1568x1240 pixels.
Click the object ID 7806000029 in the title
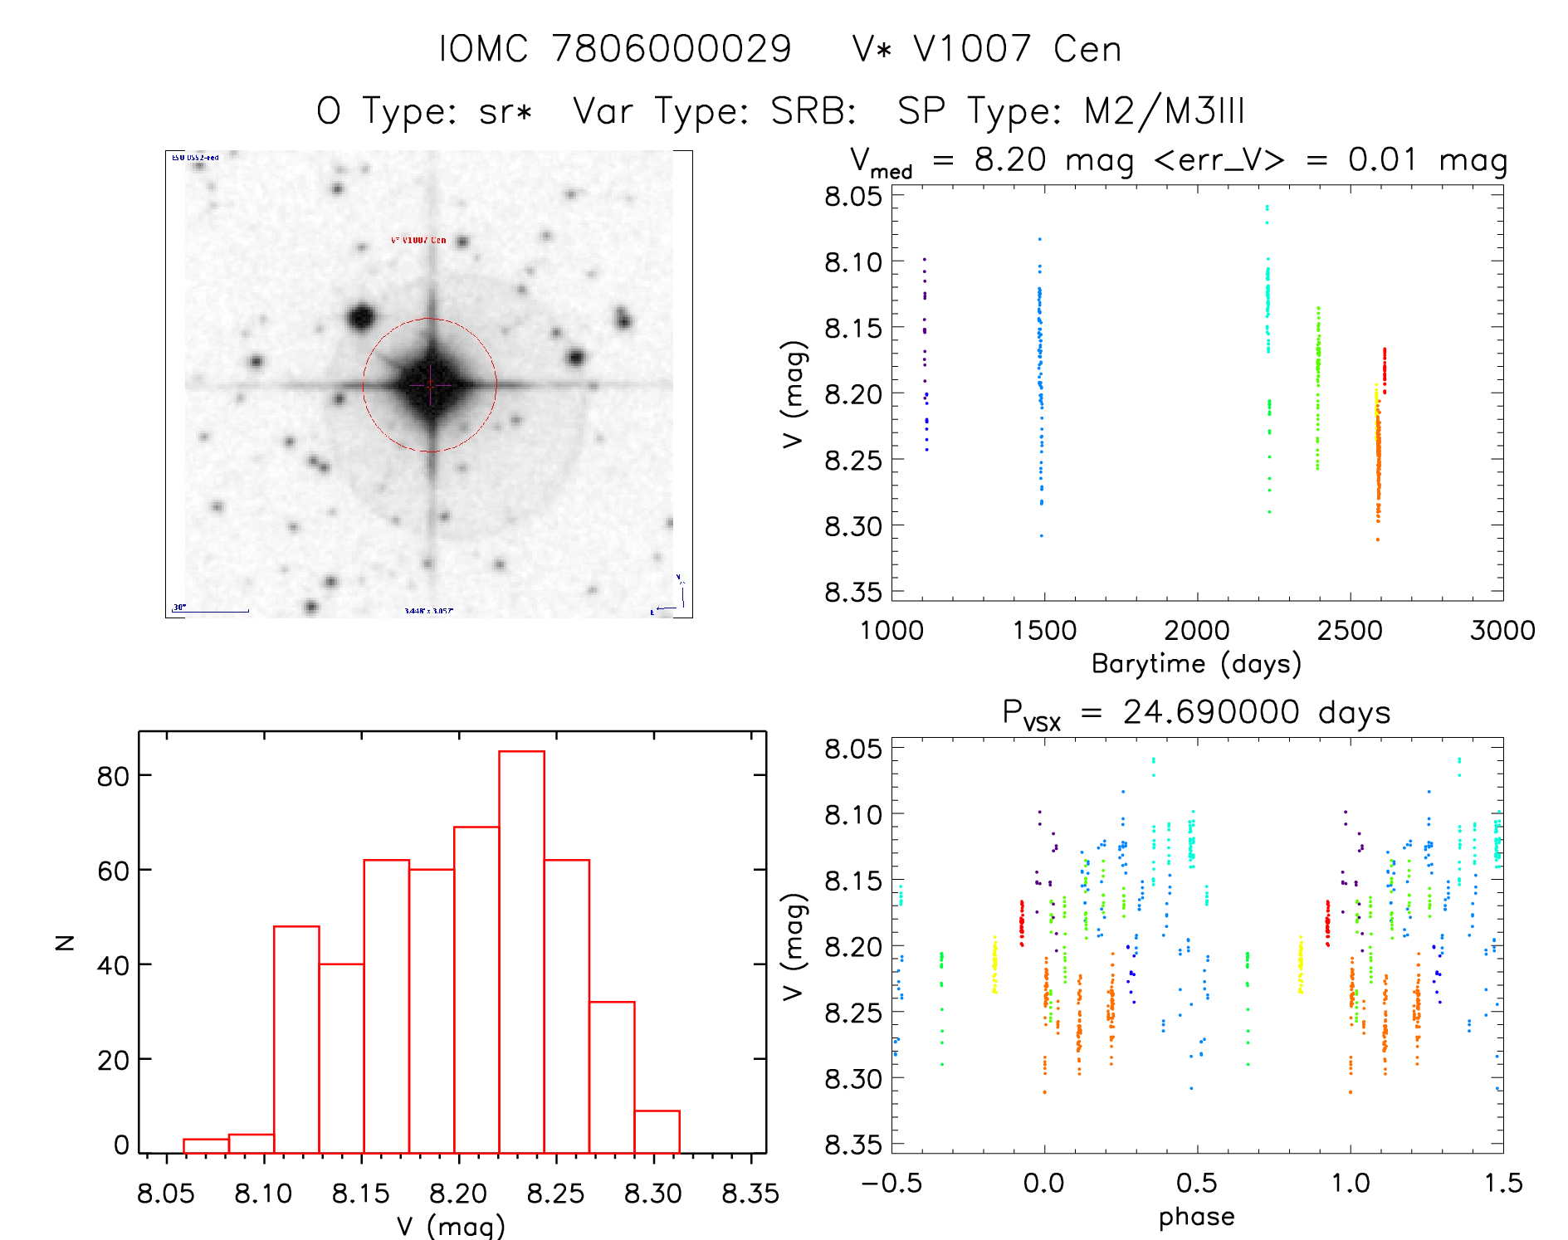point(672,49)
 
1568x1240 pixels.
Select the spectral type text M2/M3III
point(1164,110)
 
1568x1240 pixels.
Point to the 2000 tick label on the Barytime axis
point(1196,631)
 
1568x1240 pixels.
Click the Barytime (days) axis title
point(1196,664)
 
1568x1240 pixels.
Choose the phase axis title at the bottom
point(1196,1217)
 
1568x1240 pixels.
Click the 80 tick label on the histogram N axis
point(113,777)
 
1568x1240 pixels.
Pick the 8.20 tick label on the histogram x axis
point(457,1194)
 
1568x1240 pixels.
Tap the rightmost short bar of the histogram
point(657,1132)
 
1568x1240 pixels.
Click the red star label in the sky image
point(418,240)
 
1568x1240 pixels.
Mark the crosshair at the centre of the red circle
point(430,385)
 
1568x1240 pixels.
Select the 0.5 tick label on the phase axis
point(1196,1184)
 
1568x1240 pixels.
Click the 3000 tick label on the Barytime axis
point(1502,631)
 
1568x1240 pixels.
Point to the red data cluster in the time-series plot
point(1384,370)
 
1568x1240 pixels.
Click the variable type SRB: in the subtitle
point(813,110)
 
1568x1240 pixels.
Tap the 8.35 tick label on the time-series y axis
point(852,593)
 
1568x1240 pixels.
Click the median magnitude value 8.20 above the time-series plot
point(1010,159)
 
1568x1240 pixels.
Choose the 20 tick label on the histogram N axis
point(113,1061)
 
